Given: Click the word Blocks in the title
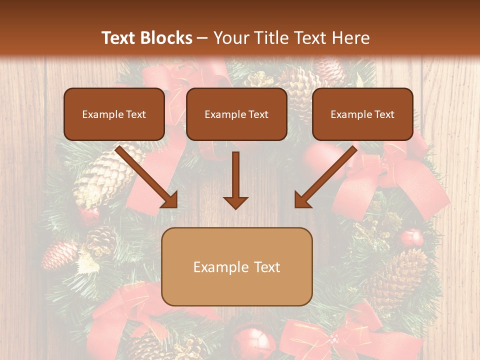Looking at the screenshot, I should tap(166, 38).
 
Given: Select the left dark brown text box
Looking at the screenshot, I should tap(114, 114).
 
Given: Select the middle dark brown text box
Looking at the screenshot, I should tap(236, 114).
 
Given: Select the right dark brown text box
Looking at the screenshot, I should tap(362, 114).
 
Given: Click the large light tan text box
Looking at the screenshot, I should tap(237, 266).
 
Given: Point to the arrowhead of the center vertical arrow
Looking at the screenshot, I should tap(235, 202).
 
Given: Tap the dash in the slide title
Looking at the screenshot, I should tap(202, 38).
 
